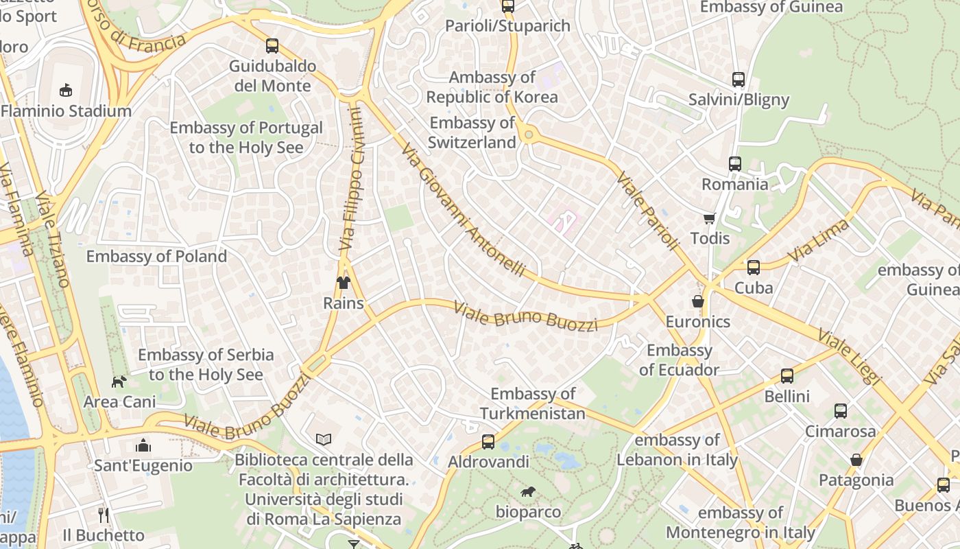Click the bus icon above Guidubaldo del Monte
(272, 46)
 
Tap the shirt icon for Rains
(343, 282)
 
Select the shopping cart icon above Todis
(709, 218)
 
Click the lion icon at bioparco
(527, 491)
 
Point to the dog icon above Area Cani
(119, 381)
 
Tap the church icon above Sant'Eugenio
(143, 445)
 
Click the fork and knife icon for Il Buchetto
(104, 515)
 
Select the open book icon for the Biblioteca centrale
(324, 439)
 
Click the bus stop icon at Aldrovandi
(488, 442)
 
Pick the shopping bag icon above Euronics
(697, 301)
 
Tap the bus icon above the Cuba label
(753, 268)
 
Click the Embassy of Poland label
(156, 257)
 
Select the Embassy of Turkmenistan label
(532, 404)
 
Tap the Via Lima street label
(819, 240)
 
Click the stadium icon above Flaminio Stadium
(65, 90)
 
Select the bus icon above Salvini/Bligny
(738, 80)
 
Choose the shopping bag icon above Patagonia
(856, 460)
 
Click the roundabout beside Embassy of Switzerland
(527, 135)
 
